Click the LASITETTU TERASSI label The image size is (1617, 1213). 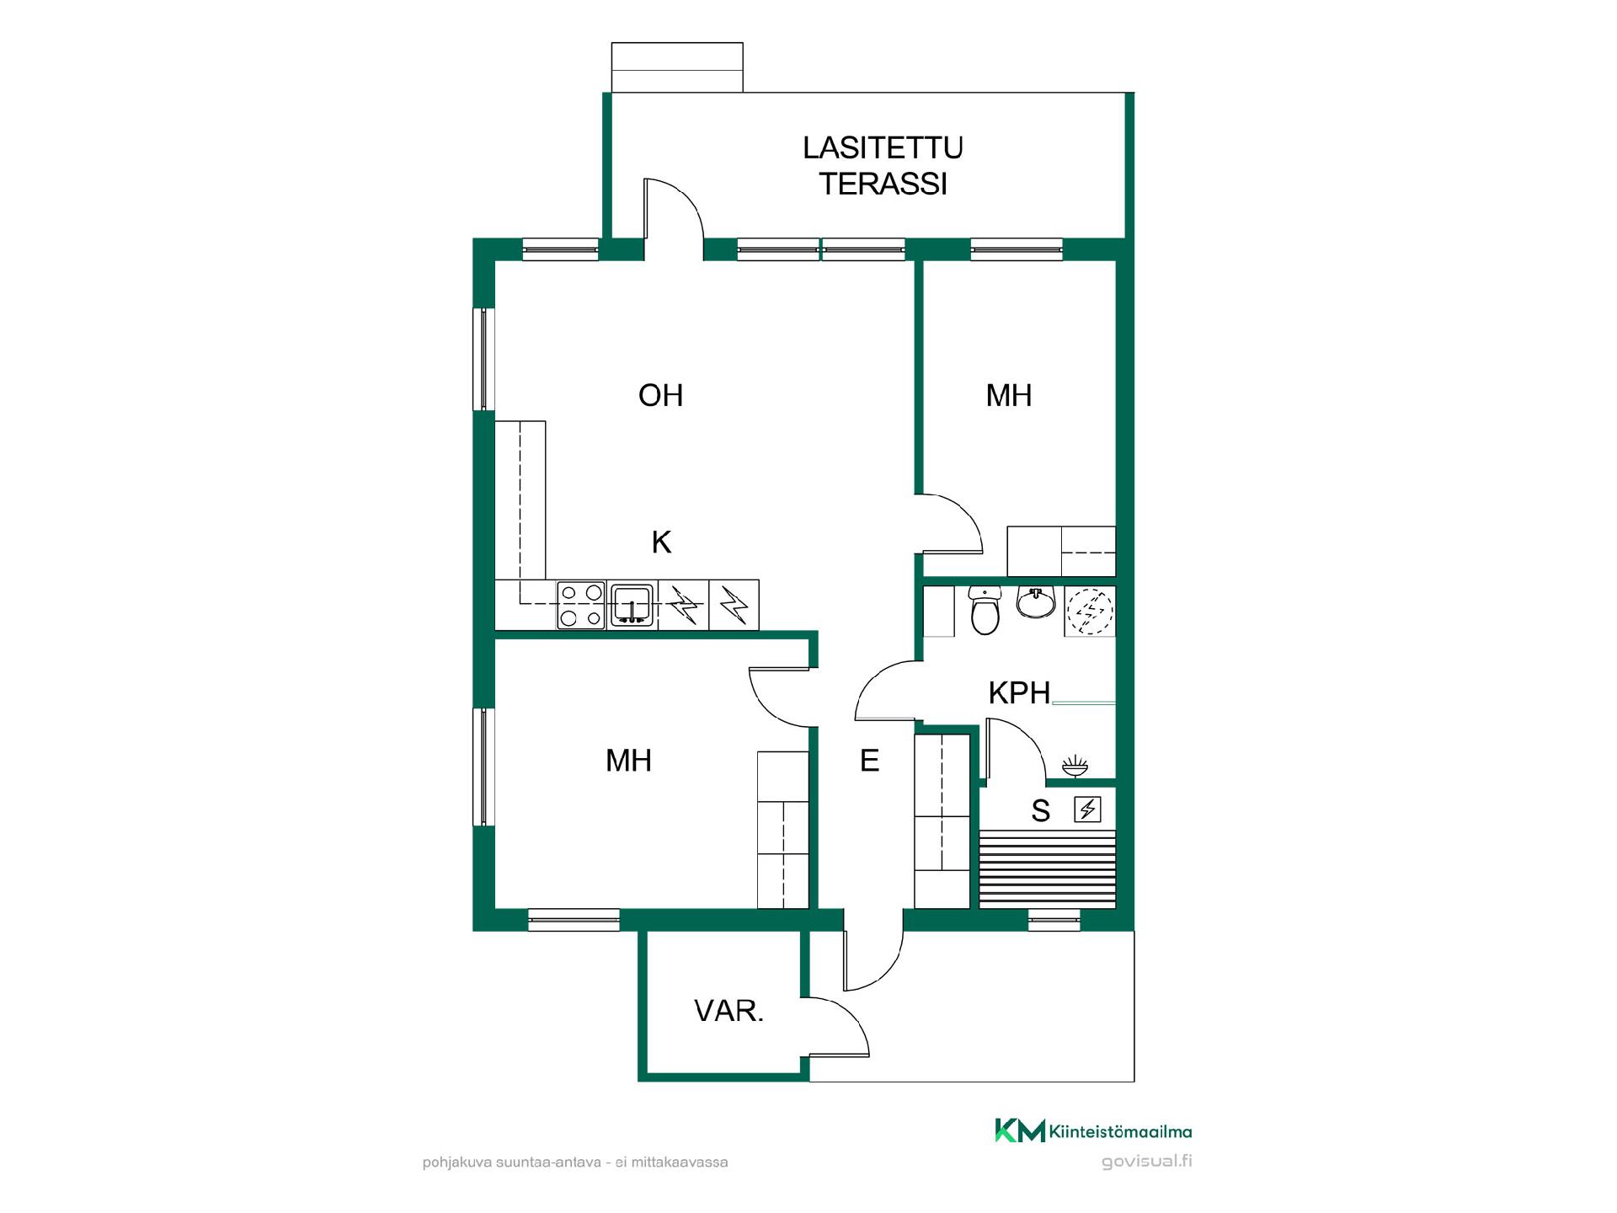pos(883,165)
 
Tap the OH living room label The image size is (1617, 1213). pos(660,395)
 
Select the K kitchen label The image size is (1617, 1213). pos(661,542)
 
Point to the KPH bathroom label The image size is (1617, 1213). pos(1019,692)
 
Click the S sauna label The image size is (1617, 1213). pos(1041,811)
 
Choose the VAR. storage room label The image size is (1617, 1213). pos(728,1010)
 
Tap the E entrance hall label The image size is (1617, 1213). pos(869,761)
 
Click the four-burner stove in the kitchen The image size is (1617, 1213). pos(581,605)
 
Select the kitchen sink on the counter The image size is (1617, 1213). pos(632,605)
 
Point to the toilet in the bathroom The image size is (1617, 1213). pos(984,610)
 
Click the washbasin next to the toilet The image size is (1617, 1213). pos(1036,601)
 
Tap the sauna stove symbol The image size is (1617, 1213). pos(1087,810)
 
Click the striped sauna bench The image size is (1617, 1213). pos(1048,868)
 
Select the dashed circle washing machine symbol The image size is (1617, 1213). pos(1090,610)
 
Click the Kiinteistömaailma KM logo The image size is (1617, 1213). pos(1093,1130)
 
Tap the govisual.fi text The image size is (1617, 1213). pos(1147,1162)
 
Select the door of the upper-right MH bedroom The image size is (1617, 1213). pos(949,524)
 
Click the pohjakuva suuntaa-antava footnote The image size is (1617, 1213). pos(575,1162)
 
